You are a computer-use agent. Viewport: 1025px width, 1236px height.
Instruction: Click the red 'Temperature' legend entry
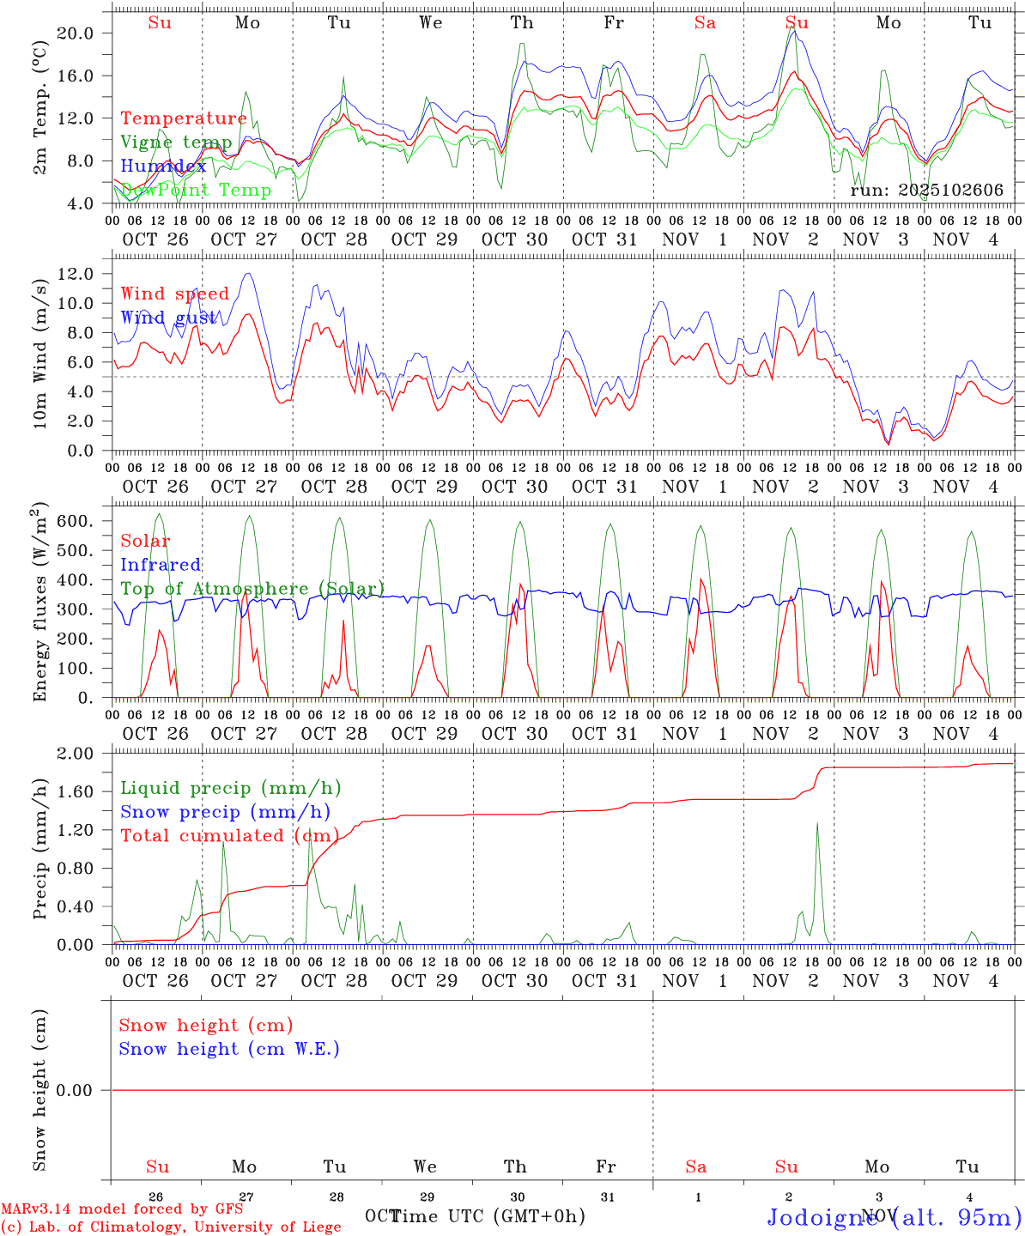click(x=184, y=118)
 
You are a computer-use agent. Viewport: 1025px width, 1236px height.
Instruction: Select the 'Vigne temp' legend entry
click(x=176, y=142)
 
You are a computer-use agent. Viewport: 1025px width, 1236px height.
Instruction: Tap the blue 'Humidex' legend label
click(x=163, y=167)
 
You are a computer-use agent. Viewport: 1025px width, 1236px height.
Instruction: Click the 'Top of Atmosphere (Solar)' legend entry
click(x=252, y=589)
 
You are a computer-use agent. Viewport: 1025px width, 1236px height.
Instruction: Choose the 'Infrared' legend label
click(x=161, y=565)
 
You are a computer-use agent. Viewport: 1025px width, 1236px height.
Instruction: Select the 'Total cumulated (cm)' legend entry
click(x=229, y=836)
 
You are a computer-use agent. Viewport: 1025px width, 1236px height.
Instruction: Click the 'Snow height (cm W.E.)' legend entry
click(x=229, y=1049)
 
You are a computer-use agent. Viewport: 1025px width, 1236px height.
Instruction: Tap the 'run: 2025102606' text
click(x=926, y=191)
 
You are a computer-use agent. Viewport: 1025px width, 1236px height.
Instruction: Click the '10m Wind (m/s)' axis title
click(x=39, y=349)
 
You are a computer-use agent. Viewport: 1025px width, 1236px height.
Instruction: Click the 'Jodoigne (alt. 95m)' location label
click(x=894, y=1217)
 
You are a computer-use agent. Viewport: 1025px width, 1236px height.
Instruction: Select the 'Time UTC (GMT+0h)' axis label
click(x=488, y=1215)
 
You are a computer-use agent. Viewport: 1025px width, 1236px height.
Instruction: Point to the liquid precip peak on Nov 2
click(x=816, y=824)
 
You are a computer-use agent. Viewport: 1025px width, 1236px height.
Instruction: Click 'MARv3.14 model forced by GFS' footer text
click(x=122, y=1209)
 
